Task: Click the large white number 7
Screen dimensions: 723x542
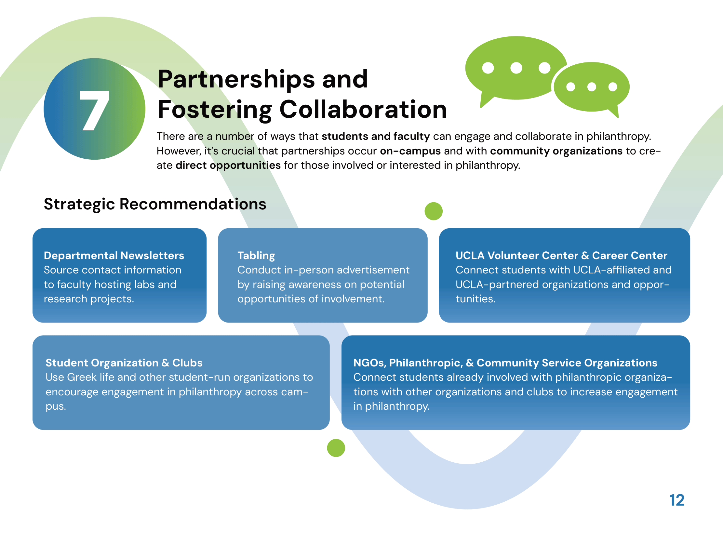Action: [94, 111]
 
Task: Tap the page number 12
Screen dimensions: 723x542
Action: [676, 500]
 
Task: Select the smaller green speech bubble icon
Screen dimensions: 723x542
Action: [592, 88]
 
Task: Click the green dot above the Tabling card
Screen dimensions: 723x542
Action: [434, 211]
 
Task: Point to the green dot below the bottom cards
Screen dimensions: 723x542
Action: [336, 448]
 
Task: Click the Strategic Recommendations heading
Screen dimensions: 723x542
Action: [155, 204]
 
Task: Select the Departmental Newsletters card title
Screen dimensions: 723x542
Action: [114, 256]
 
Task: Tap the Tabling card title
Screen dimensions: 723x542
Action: [256, 256]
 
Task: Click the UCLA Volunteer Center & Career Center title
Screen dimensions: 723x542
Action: [561, 256]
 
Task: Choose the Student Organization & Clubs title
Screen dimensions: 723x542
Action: [124, 363]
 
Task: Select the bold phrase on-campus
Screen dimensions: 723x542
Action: [410, 151]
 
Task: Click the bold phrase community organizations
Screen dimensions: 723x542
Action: [556, 151]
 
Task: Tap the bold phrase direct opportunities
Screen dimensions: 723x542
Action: [228, 165]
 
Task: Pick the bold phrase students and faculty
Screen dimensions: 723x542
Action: [376, 137]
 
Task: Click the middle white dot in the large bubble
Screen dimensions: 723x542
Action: [516, 68]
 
